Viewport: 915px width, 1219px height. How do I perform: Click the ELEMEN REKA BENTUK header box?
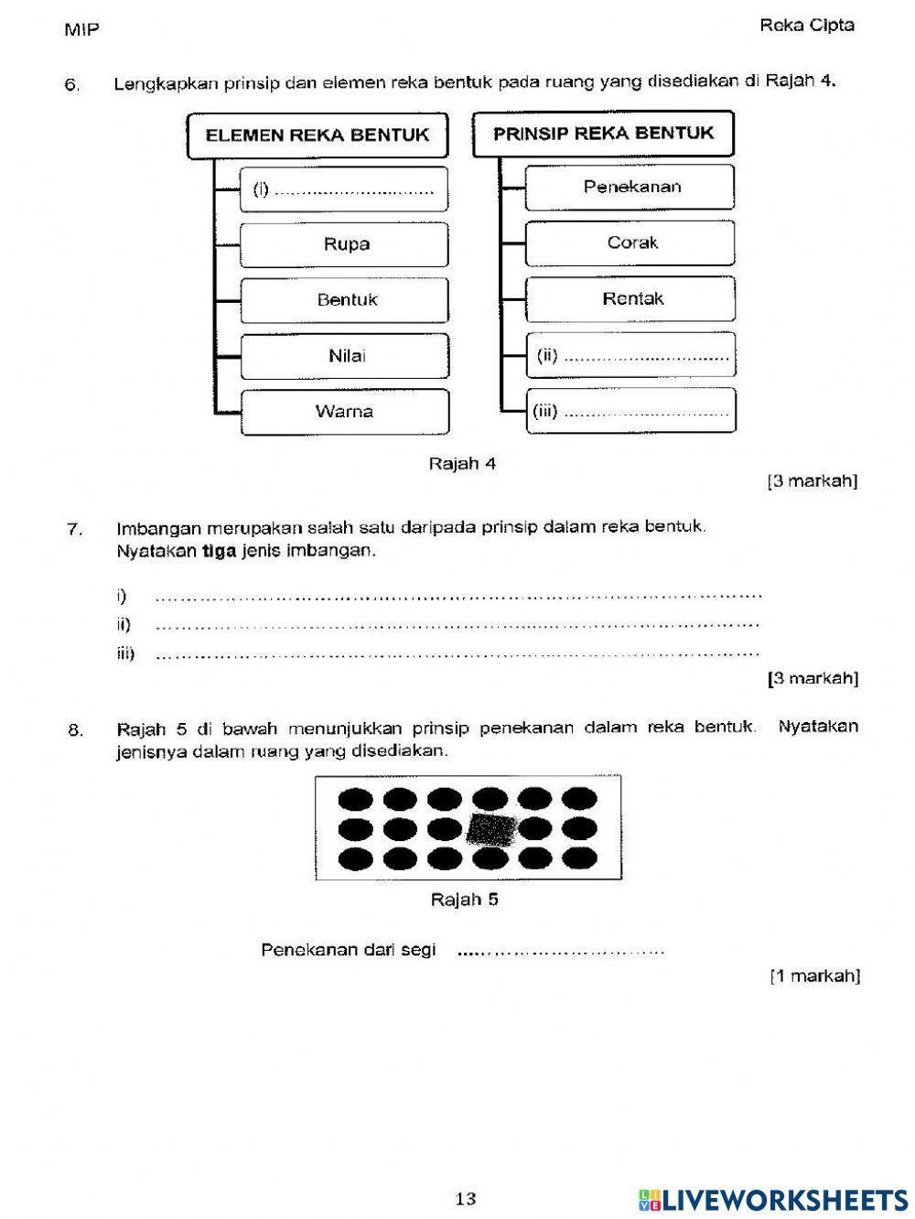(x=318, y=135)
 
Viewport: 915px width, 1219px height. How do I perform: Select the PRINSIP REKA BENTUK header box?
(x=603, y=134)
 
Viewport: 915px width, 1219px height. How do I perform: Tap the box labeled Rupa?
(x=345, y=244)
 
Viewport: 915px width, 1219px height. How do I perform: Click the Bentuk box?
(x=345, y=300)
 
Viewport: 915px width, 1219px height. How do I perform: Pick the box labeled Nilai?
(x=345, y=356)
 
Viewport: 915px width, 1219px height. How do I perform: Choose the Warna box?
(x=345, y=412)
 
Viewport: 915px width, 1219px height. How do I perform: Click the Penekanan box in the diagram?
(x=630, y=188)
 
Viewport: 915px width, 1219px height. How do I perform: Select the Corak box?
(x=630, y=243)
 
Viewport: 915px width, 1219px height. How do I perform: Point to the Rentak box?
(x=630, y=299)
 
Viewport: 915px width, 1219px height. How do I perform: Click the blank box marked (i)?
(x=345, y=190)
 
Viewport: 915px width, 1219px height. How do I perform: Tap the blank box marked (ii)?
(x=630, y=355)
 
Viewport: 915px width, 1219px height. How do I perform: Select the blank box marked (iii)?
(x=630, y=411)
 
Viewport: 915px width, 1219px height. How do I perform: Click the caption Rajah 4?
(x=462, y=464)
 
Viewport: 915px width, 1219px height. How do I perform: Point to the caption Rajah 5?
(x=465, y=900)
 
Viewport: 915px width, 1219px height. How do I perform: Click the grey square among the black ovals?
(x=491, y=829)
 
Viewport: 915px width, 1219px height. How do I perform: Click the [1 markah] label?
(x=814, y=976)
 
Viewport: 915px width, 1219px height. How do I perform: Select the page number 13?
(x=466, y=1199)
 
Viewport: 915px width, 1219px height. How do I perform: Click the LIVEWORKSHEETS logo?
(x=773, y=1200)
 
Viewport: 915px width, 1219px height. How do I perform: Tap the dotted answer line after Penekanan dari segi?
(x=560, y=952)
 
